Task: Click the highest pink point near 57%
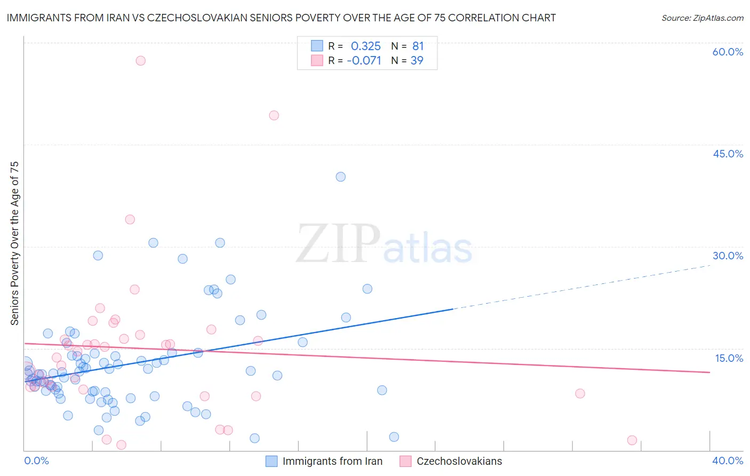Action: [x=140, y=60]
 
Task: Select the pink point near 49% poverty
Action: [x=274, y=115]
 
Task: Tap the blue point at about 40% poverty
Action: [x=341, y=177]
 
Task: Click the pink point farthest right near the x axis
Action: [x=632, y=440]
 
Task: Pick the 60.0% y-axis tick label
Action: [x=728, y=52]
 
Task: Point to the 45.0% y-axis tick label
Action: [x=728, y=154]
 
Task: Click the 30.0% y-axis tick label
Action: [x=728, y=256]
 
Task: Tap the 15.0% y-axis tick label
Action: [x=729, y=358]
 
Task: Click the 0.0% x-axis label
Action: [x=36, y=461]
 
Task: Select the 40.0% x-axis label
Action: [x=728, y=461]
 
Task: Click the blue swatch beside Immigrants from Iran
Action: [x=272, y=461]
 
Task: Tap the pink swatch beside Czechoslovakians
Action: [x=405, y=461]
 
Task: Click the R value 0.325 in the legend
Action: [x=366, y=46]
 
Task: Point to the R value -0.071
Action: [x=364, y=60]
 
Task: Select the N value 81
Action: [x=418, y=46]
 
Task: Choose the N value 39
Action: [x=417, y=60]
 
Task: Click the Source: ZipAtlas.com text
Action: [x=702, y=18]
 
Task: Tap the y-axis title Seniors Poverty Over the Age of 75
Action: [x=14, y=243]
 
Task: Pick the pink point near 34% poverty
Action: [x=130, y=219]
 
